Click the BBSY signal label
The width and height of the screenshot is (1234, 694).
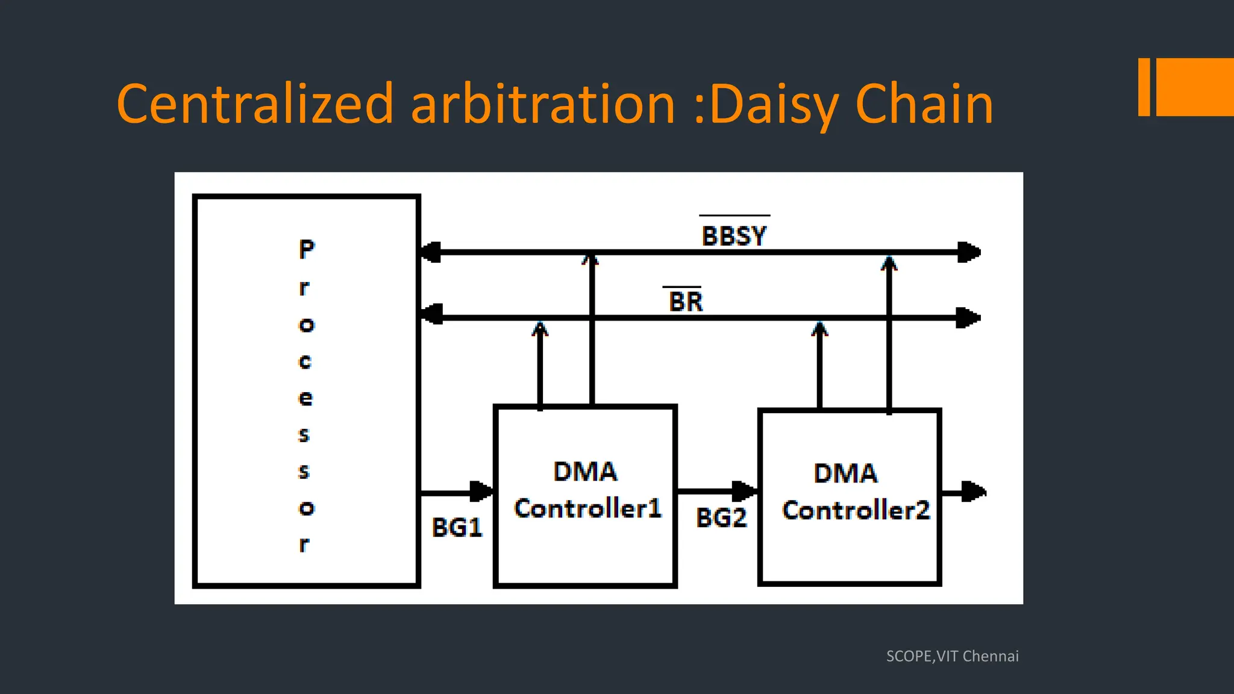click(734, 236)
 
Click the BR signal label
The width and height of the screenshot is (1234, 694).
click(686, 302)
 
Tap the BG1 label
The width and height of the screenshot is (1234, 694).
click(457, 528)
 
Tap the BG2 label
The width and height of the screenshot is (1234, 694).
click(721, 517)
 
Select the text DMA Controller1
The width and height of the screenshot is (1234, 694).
click(587, 490)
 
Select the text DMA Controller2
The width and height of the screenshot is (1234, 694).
click(854, 492)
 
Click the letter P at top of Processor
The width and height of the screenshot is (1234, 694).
click(307, 249)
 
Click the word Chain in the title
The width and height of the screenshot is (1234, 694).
click(924, 105)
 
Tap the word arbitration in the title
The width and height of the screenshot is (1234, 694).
click(542, 105)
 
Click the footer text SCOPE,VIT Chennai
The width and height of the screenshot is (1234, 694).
click(952, 656)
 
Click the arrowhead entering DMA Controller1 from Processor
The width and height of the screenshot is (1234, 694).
click(481, 492)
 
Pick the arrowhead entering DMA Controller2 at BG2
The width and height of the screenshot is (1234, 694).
click(744, 491)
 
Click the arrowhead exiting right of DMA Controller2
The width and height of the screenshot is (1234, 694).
click(973, 492)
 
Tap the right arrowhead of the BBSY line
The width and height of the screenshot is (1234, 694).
click(969, 252)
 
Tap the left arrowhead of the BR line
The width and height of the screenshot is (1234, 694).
click(431, 314)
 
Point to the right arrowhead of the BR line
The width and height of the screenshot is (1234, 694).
click(968, 317)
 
